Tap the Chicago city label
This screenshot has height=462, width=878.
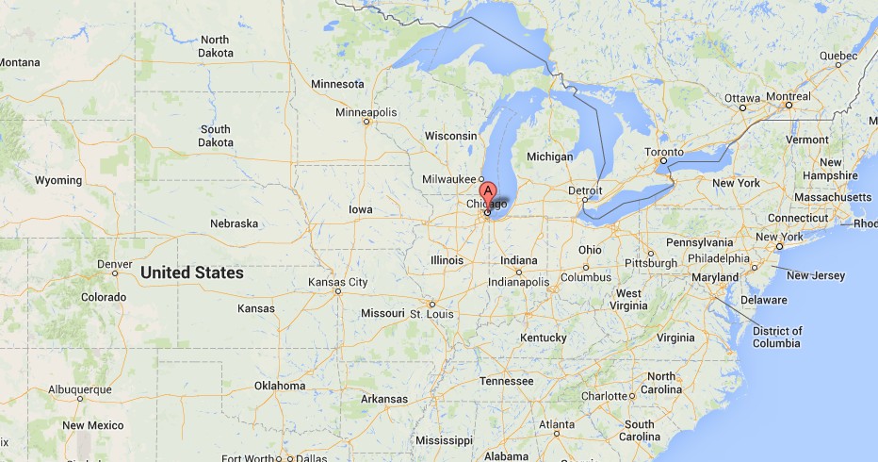[487, 205]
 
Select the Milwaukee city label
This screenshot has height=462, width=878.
[447, 179]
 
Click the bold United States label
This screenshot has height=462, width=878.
[192, 273]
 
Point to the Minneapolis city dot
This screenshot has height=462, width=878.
[367, 121]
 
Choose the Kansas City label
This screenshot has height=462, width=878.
[337, 282]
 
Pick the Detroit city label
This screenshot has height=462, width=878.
[585, 190]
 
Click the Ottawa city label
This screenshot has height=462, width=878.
[741, 98]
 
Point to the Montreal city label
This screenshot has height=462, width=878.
[788, 96]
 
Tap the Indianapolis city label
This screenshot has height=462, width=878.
[518, 282]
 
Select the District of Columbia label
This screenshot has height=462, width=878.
[777, 337]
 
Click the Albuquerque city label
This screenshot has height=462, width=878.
[79, 388]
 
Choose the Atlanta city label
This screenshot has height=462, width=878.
[556, 424]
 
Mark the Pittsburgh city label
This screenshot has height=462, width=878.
[650, 263]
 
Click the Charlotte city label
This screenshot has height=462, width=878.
[604, 396]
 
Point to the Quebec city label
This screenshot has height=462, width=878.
[838, 56]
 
